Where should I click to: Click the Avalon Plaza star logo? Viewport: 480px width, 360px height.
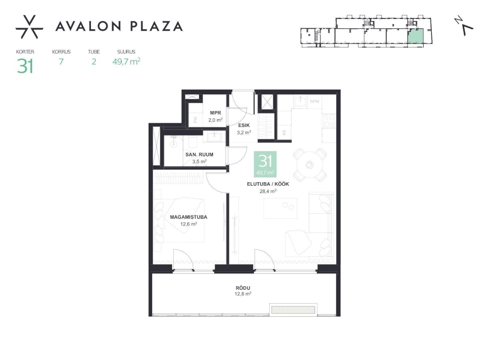[29, 27]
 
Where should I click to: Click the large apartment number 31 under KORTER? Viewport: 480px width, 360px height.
[25, 66]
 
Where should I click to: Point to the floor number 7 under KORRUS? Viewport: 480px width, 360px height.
[61, 62]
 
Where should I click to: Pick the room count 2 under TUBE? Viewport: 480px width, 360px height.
[94, 62]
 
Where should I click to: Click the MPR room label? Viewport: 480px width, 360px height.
[216, 113]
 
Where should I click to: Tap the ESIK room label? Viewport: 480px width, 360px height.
[244, 125]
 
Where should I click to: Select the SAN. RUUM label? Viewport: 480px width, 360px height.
[199, 154]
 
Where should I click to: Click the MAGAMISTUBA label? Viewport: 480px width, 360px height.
[189, 217]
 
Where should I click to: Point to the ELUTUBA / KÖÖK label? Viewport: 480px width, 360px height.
[268, 184]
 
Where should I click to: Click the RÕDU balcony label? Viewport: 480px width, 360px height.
[243, 288]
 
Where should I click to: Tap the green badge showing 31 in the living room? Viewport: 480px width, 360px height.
[265, 164]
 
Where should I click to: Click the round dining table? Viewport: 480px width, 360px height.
[310, 165]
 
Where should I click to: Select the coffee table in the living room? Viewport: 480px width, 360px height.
[281, 208]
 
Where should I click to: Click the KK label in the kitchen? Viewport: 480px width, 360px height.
[284, 132]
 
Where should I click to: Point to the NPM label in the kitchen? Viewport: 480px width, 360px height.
[314, 101]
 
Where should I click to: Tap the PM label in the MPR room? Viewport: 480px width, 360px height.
[195, 120]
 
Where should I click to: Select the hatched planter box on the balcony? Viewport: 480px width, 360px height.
[293, 310]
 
